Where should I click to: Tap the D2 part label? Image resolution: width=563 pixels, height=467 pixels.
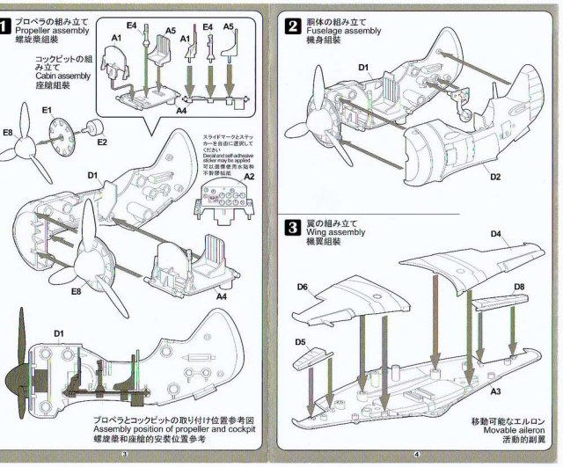[495, 177]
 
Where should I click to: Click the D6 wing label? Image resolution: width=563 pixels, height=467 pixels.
[302, 287]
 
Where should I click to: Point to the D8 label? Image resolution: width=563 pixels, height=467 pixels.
[519, 286]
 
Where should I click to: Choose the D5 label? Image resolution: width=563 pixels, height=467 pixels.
[301, 341]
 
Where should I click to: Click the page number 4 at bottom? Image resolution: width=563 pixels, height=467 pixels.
[417, 454]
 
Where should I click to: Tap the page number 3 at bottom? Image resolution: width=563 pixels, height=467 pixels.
[125, 454]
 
